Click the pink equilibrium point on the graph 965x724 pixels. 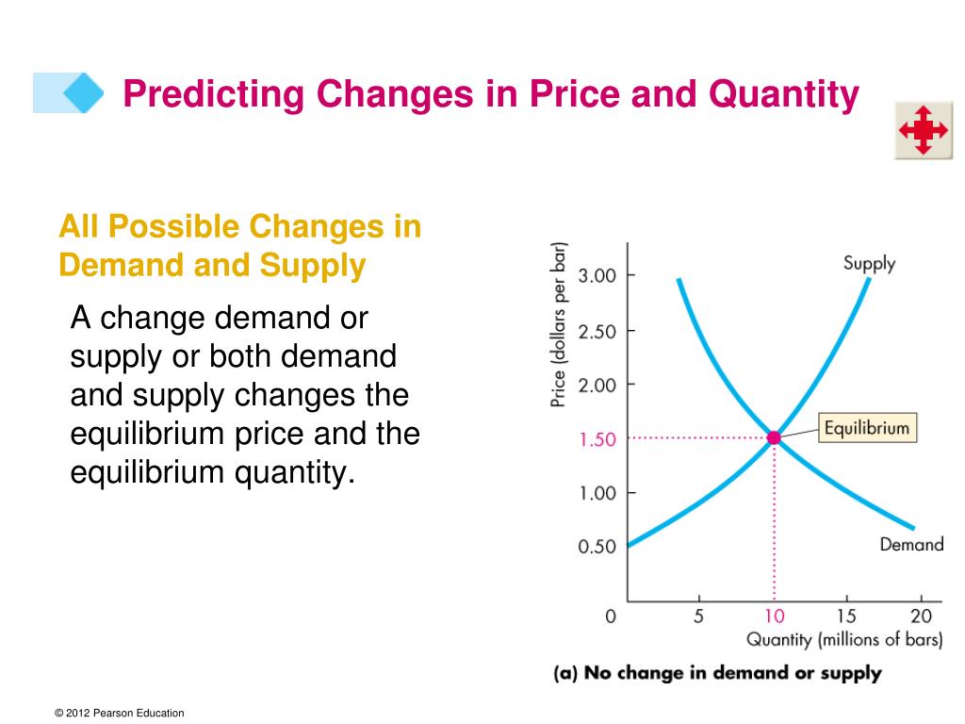click(x=774, y=437)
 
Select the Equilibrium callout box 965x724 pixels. click(x=867, y=429)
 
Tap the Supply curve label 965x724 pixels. click(x=869, y=263)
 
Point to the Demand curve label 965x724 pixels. click(x=911, y=544)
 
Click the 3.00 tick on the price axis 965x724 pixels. click(x=597, y=275)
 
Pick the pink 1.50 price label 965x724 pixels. click(x=597, y=439)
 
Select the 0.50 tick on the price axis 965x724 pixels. click(x=597, y=547)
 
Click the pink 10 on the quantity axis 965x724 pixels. click(x=774, y=617)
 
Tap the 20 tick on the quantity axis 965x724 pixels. click(x=921, y=617)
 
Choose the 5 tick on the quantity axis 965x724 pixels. click(x=698, y=617)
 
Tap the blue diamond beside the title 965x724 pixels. click(x=83, y=92)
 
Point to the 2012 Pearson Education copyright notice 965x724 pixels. click(x=120, y=714)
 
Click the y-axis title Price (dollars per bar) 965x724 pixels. click(x=559, y=325)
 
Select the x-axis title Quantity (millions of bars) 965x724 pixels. click(x=844, y=640)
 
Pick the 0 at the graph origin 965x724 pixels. click(x=611, y=617)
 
